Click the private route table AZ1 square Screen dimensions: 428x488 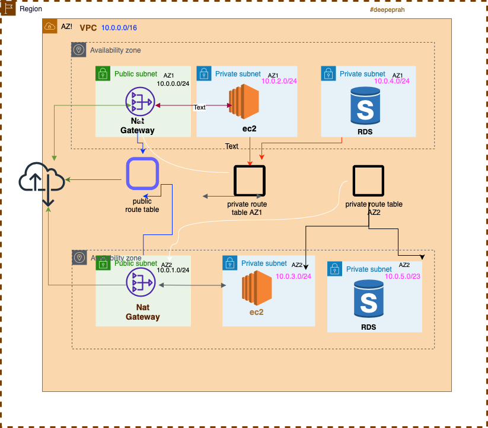[x=250, y=181]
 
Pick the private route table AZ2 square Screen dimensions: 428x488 [x=368, y=181]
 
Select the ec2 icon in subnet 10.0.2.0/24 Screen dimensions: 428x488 [x=244, y=102]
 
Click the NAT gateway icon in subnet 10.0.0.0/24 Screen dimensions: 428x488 [x=140, y=103]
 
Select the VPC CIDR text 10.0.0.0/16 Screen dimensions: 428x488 [x=119, y=28]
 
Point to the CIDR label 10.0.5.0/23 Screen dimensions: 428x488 [x=403, y=276]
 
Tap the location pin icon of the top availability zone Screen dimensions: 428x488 [x=79, y=50]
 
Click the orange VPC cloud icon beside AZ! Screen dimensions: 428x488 [x=50, y=26]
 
